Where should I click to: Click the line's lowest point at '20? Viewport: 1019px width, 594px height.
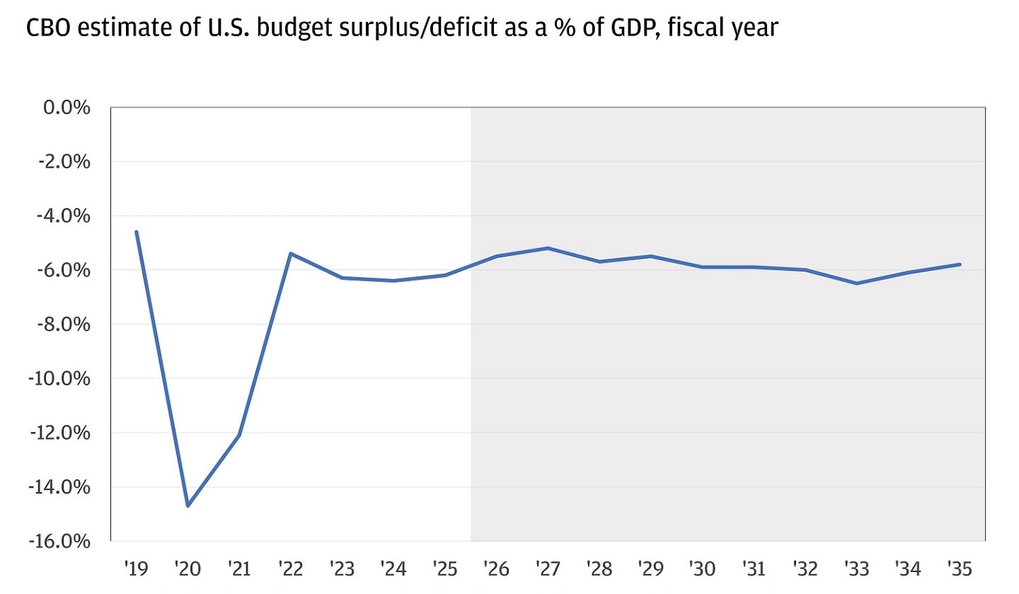pos(188,506)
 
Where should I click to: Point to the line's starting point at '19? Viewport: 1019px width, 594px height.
pos(137,232)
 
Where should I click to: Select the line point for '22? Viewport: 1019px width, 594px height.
pos(291,253)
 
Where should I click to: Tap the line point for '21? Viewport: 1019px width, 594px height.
pos(240,435)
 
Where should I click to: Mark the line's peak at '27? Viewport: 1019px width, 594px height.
pos(548,248)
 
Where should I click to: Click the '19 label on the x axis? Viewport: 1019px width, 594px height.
pos(137,568)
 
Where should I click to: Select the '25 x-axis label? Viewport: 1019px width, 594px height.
pos(445,568)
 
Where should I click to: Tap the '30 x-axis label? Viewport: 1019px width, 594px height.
pos(702,568)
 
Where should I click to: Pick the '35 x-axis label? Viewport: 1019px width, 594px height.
pos(960,568)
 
